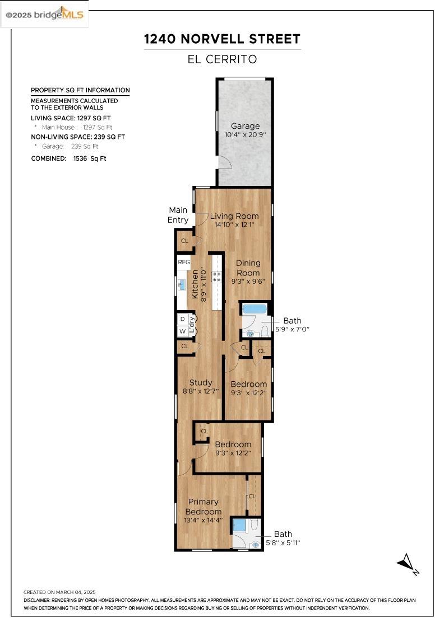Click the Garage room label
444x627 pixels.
[x=245, y=126]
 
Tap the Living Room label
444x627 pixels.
[x=234, y=216]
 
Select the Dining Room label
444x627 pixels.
[x=248, y=268]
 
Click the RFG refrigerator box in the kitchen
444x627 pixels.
[x=184, y=263]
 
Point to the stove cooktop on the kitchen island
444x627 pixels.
[x=216, y=277]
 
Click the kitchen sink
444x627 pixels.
[x=182, y=285]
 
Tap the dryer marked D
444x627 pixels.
[x=183, y=319]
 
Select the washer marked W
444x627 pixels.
[x=183, y=331]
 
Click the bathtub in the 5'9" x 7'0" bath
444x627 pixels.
[x=255, y=309]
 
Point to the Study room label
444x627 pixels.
[x=201, y=383]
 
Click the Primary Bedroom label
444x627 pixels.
[x=203, y=507]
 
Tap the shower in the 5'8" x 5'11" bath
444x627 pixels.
[x=239, y=525]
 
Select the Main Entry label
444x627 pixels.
[x=178, y=215]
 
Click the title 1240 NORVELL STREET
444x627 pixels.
[x=222, y=39]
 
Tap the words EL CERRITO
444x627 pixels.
[x=222, y=59]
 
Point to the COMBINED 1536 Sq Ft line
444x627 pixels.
[x=68, y=158]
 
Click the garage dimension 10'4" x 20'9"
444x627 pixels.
[x=245, y=135]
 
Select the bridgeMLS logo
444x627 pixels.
[x=44, y=15]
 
